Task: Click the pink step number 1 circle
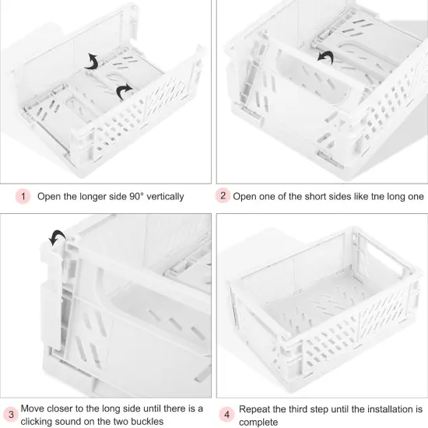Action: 23,196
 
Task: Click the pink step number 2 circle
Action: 223,196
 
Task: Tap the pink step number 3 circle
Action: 11,414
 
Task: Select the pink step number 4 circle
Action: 226,414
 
